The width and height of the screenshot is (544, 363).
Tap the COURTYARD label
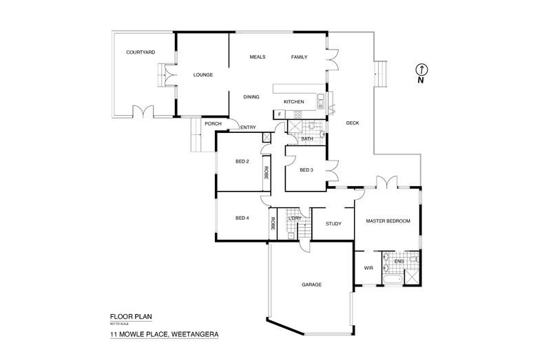[x=140, y=52]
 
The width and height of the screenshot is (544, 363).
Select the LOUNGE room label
[x=203, y=75]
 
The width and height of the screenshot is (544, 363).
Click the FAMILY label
[x=299, y=56]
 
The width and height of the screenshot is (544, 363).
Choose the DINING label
[x=251, y=97]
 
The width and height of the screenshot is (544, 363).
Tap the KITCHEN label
[x=294, y=102]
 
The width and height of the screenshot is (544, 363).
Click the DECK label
[x=353, y=123]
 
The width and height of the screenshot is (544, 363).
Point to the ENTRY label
[x=248, y=127]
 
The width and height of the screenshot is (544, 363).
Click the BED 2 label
[x=242, y=161]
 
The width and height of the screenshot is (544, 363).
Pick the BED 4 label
[x=242, y=219]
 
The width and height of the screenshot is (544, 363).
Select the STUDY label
[x=333, y=223]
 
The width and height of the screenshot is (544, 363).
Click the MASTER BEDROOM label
[x=388, y=221]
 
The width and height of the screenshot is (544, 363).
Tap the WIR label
[x=367, y=269]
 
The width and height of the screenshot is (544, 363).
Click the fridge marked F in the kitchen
[x=280, y=114]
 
